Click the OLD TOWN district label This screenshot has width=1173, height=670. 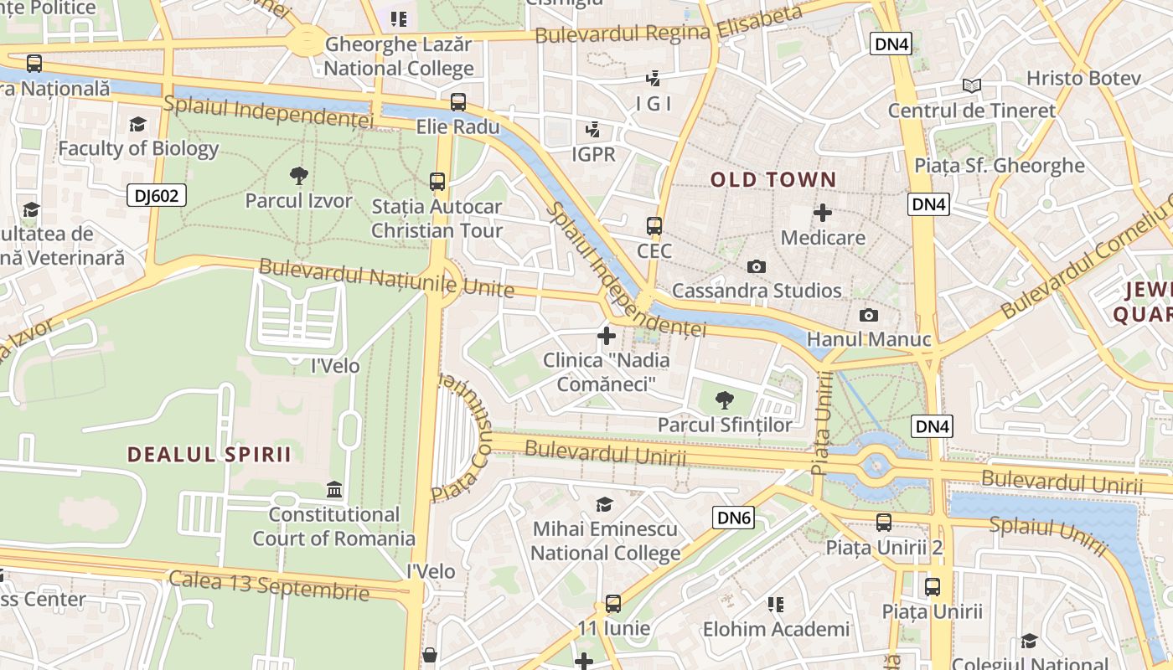[773, 179]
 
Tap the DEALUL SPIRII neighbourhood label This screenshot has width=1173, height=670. [209, 454]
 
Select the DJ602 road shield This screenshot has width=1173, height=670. [156, 196]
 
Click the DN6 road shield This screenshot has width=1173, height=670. [734, 518]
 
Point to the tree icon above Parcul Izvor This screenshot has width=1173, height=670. [298, 175]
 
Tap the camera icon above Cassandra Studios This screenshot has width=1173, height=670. [756, 266]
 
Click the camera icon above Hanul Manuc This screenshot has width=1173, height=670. [869, 315]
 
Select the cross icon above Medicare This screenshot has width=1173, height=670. [823, 213]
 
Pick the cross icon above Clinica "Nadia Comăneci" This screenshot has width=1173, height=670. [607, 336]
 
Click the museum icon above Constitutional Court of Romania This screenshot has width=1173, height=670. [334, 489]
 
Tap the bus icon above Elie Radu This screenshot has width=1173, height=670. [457, 102]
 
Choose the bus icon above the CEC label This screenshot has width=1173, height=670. [654, 226]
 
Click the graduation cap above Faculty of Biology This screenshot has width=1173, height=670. [138, 125]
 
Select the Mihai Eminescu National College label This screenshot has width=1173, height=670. [605, 541]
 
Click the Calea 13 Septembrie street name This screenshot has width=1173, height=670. [268, 585]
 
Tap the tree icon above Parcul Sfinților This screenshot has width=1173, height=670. [724, 399]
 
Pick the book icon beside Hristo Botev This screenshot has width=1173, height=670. [972, 85]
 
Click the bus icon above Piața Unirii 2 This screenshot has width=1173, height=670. [884, 523]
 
